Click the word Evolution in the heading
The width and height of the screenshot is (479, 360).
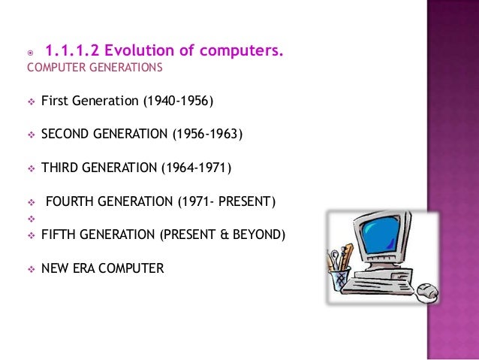[x=134, y=51]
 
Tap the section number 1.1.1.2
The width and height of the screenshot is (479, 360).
[x=73, y=51]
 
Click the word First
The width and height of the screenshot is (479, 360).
[x=55, y=101]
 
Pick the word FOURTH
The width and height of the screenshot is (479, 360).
[x=71, y=201]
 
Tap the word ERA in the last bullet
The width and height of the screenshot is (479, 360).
[x=86, y=267]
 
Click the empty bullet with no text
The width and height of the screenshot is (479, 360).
[x=31, y=218]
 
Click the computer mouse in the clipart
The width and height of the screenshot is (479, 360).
[x=428, y=290]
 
